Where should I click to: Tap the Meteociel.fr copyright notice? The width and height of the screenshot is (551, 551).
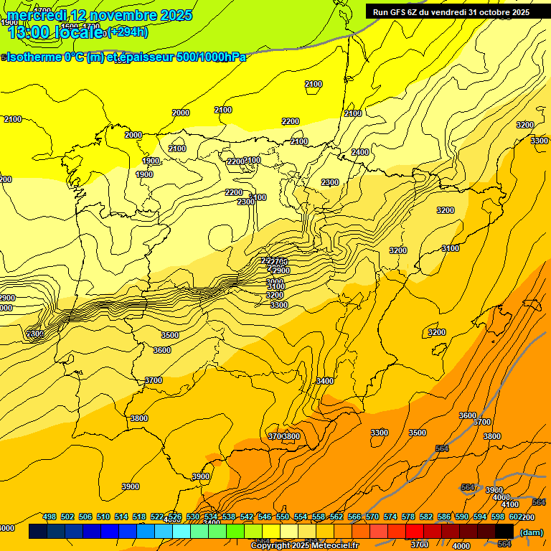click(304, 546)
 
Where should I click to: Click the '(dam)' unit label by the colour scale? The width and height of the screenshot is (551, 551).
click(531, 532)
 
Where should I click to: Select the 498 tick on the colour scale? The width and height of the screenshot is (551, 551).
click(50, 517)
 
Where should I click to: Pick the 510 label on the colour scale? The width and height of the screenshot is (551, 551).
click(103, 517)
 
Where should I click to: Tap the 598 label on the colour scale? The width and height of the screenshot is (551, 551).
click(498, 517)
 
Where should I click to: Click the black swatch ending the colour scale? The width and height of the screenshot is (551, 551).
click(504, 531)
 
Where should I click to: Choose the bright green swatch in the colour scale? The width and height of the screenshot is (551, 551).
click(235, 531)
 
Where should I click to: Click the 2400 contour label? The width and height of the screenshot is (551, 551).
click(360, 152)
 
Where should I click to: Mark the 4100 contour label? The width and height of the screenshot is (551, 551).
click(510, 504)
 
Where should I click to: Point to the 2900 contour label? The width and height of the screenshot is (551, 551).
click(6, 298)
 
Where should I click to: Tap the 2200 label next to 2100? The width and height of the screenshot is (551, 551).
click(234, 162)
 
